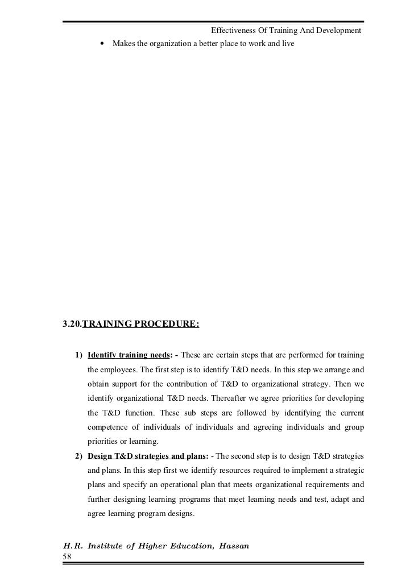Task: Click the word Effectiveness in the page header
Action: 233,30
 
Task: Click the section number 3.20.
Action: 72,325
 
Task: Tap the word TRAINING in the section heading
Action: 110,325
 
